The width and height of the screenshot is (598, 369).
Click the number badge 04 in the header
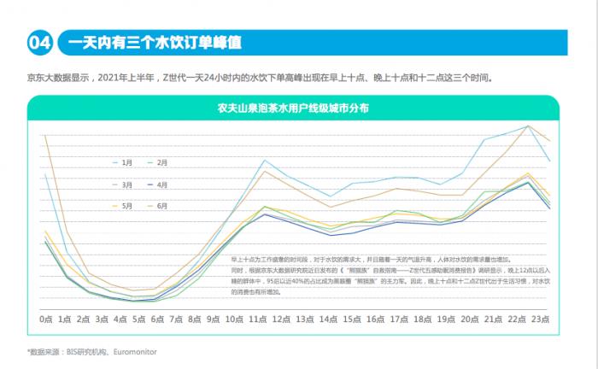click(x=41, y=41)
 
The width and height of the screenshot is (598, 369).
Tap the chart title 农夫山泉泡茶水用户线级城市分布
click(x=293, y=108)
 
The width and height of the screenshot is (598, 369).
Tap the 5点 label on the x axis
click(x=138, y=319)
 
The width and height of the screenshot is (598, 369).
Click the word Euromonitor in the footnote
click(x=135, y=351)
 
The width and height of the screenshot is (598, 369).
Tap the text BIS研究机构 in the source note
click(x=86, y=351)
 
